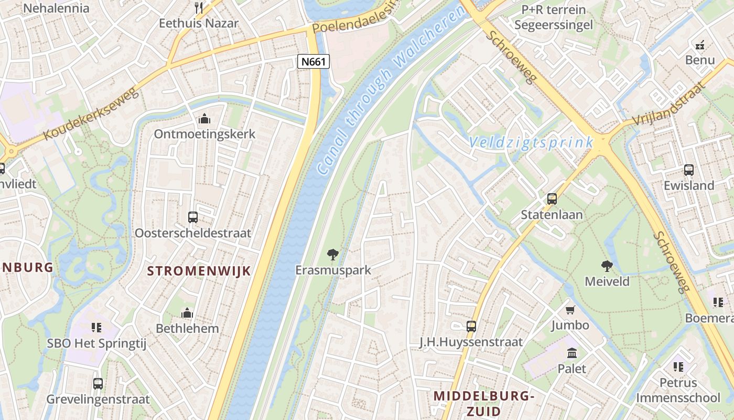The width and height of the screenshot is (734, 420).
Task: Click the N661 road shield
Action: click(x=314, y=61)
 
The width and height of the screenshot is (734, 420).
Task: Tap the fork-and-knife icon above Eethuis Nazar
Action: click(x=199, y=7)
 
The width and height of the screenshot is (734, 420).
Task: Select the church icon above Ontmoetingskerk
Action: click(x=204, y=119)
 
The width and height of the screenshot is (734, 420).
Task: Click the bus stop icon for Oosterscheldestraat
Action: click(x=193, y=217)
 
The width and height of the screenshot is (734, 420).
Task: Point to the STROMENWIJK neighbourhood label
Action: click(x=199, y=271)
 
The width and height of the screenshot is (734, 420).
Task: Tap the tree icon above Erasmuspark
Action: click(x=332, y=255)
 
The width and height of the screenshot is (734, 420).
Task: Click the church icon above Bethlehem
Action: click(x=187, y=313)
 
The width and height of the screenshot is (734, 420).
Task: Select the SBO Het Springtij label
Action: click(x=96, y=343)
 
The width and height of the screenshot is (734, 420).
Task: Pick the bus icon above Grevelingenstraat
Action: click(x=98, y=383)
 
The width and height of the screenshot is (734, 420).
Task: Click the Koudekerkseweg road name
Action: click(x=91, y=114)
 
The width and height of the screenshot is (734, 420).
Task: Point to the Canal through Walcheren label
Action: click(x=391, y=90)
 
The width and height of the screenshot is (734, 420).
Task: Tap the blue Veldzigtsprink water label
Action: click(x=531, y=142)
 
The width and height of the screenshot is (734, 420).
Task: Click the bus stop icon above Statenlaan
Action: click(x=552, y=199)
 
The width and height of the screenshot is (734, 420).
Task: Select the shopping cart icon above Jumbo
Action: click(x=570, y=310)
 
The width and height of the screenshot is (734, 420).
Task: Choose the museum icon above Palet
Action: click(x=572, y=353)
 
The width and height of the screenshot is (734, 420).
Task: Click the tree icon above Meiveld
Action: click(x=607, y=266)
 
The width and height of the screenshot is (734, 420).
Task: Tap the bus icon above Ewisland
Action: click(x=689, y=170)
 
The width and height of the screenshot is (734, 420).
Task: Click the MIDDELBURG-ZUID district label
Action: click(x=483, y=403)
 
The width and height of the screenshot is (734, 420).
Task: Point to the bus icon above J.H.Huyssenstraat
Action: click(x=471, y=326)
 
